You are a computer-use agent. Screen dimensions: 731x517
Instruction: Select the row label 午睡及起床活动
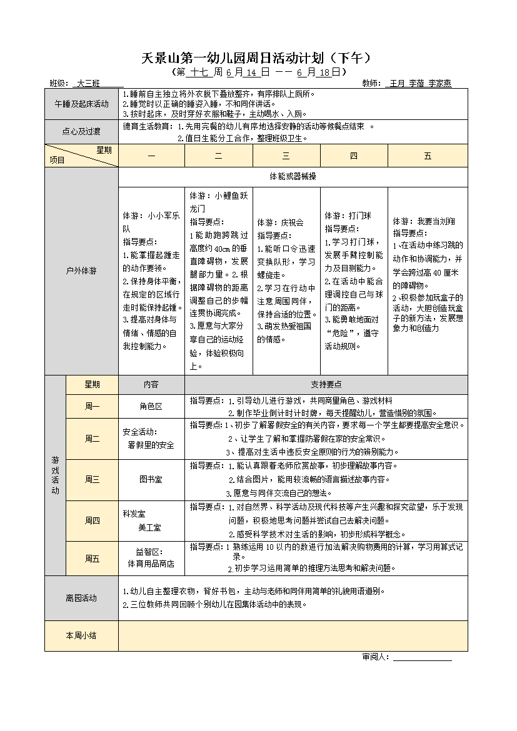pos(81,104)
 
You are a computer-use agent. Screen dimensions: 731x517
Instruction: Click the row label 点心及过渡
pos(81,132)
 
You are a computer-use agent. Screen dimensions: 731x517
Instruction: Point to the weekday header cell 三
pos(286,156)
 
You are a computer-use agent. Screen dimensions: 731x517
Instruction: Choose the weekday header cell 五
pos(428,156)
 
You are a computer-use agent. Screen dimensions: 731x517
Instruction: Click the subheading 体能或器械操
pos(293,176)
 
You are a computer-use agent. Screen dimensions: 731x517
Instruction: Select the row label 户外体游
pos(81,271)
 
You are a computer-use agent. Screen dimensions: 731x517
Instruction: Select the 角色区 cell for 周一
pos(151,406)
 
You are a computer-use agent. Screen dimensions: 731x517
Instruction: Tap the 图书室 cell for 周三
pos(151,479)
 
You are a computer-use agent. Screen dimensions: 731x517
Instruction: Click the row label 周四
pos(92,520)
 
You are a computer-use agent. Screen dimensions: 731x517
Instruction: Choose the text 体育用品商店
pos(151,564)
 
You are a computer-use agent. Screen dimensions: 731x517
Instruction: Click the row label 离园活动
pos(81,598)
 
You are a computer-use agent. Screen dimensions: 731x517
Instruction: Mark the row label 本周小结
pos(81,635)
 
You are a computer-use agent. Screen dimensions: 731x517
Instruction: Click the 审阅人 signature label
pos(375,657)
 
